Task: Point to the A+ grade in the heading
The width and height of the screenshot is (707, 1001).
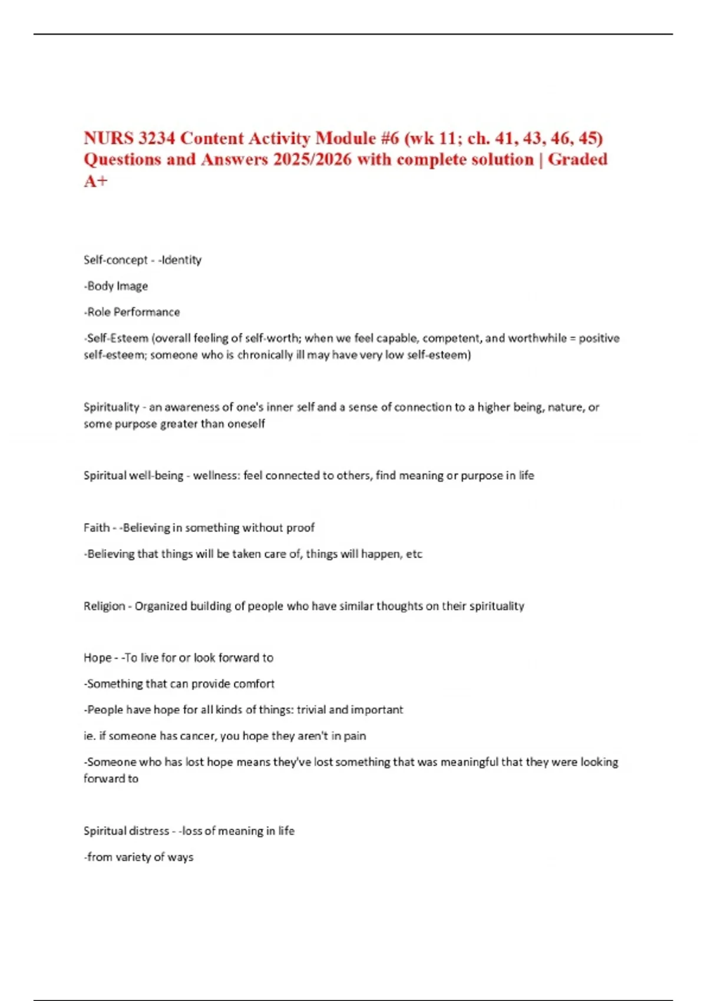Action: point(95,181)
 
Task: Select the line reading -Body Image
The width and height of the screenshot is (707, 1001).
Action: point(115,286)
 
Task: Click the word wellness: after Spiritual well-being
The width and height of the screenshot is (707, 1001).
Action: point(216,476)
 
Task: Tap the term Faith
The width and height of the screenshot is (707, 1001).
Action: point(96,528)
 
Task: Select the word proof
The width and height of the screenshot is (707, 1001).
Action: point(300,528)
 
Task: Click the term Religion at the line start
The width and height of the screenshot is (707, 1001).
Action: point(104,606)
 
